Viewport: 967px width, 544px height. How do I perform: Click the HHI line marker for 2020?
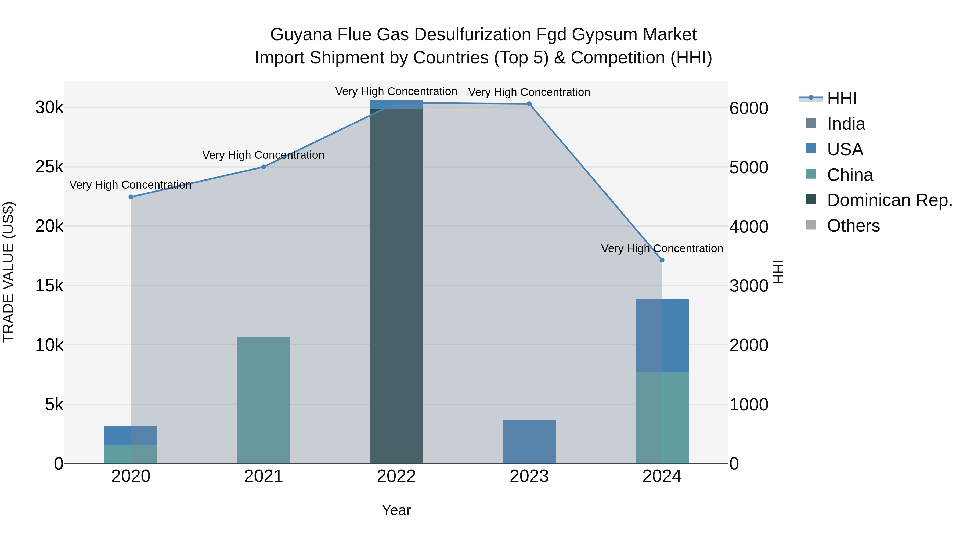point(131,197)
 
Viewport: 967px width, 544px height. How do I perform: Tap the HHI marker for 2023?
point(529,104)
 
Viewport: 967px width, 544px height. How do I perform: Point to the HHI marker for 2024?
point(662,260)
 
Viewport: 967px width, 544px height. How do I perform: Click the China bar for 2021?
point(264,400)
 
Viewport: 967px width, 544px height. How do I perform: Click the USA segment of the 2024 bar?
point(662,335)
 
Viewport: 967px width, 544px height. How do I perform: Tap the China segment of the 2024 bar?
point(662,417)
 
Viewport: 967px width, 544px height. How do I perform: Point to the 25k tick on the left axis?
point(49,167)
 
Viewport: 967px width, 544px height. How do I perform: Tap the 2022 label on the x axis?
point(396,476)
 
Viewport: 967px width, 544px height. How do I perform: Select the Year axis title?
point(396,510)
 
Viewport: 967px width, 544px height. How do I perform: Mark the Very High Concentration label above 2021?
point(263,155)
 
